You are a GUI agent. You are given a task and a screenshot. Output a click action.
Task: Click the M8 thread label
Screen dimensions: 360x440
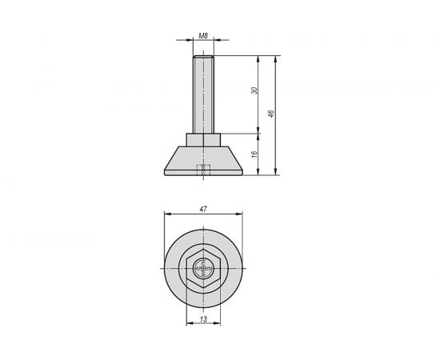click(203, 36)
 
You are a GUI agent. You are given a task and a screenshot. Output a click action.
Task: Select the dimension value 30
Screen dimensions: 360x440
click(254, 93)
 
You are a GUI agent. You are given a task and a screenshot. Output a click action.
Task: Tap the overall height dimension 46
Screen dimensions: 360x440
click(272, 114)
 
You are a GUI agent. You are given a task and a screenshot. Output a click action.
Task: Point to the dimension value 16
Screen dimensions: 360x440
click(254, 154)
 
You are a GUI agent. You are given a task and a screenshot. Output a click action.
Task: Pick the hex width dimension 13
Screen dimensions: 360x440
click(203, 320)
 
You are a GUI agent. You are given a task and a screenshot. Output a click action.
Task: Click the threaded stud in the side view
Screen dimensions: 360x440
click(203, 92)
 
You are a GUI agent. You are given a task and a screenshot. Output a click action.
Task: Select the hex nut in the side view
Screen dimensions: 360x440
click(203, 139)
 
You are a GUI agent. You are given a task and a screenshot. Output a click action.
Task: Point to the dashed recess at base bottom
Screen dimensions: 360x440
click(203, 169)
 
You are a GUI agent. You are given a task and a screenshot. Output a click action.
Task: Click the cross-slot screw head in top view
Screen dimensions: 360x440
click(203, 270)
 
